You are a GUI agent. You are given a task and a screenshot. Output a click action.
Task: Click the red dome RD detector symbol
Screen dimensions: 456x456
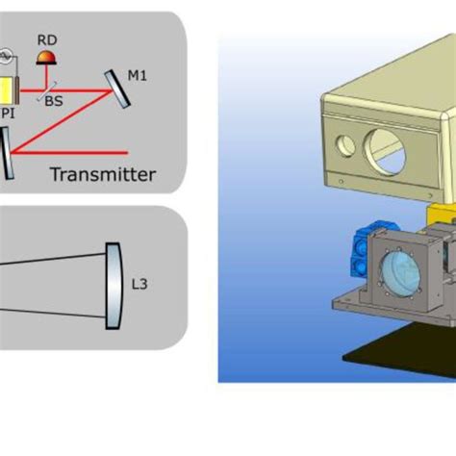pos(44,58)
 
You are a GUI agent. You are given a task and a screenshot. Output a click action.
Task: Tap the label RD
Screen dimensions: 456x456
pos(46,39)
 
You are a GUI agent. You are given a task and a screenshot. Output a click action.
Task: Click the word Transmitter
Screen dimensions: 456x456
pos(103,174)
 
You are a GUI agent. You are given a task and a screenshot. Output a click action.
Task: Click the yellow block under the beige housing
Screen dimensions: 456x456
pos(440,215)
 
